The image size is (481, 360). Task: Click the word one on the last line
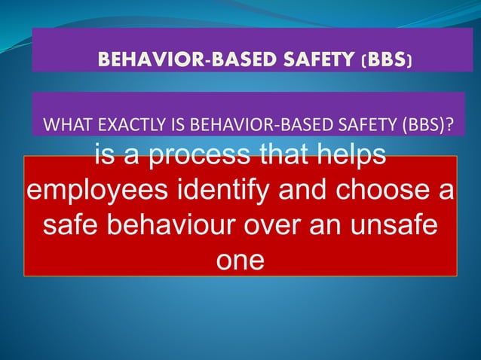pyautogui.click(x=240, y=259)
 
